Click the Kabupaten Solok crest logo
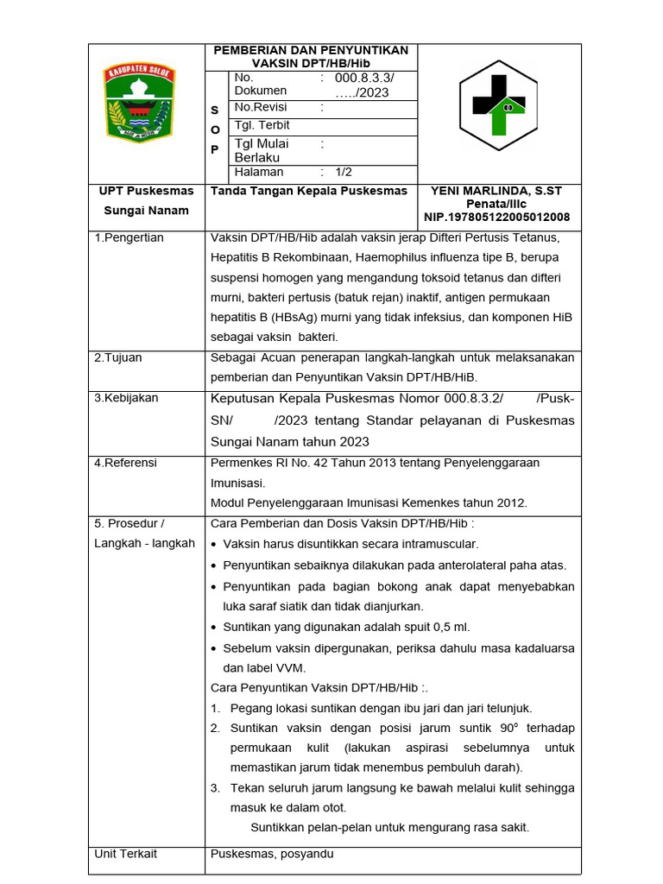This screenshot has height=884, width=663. (139, 101)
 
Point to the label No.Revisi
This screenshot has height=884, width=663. (261, 108)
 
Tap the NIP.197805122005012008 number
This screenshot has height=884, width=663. (496, 218)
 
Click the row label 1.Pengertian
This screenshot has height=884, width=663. (129, 238)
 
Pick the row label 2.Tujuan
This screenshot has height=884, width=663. (119, 357)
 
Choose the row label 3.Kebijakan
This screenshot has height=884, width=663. (126, 398)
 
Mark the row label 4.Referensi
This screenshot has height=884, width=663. (126, 463)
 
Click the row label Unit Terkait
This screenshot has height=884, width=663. (126, 854)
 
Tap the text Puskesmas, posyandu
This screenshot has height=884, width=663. (272, 854)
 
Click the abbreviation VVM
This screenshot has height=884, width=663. (291, 667)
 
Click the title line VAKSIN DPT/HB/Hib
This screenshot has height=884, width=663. (312, 63)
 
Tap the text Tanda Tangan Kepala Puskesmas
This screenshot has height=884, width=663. (309, 191)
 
